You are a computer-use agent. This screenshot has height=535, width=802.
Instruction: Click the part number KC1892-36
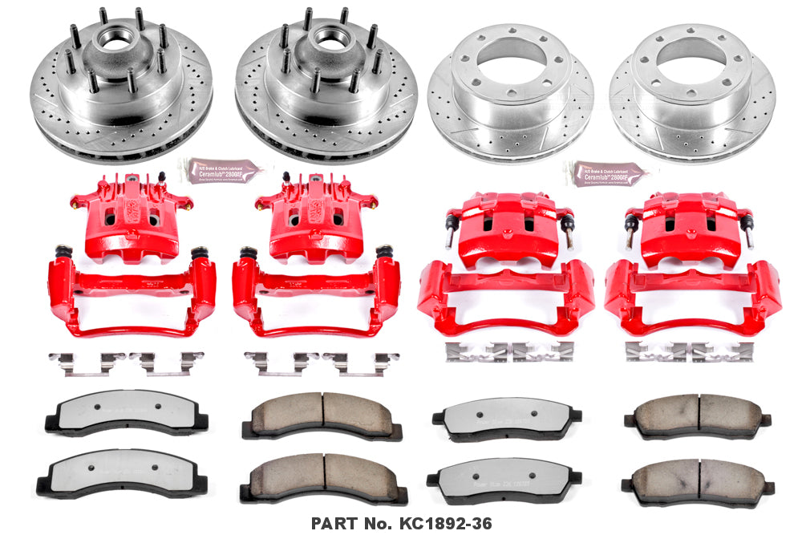click(439, 521)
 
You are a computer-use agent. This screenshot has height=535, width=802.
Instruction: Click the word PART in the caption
click(334, 521)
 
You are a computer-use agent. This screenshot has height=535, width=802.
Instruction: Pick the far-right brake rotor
click(691, 92)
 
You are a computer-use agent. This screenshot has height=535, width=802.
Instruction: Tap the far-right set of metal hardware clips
click(688, 351)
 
